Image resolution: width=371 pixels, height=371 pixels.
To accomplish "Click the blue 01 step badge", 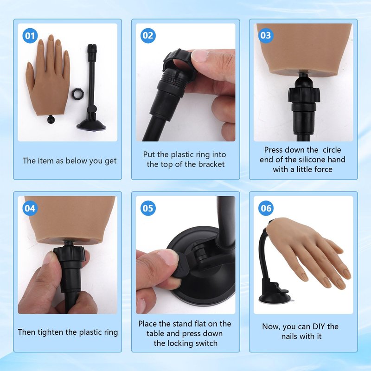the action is (30, 36).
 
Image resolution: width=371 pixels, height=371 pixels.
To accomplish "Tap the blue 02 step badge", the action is (148, 36).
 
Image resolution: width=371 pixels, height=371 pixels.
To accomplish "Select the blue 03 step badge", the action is (266, 36).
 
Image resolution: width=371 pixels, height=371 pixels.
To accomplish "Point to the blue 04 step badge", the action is (30, 208).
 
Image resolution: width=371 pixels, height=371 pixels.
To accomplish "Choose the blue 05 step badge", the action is (148, 208).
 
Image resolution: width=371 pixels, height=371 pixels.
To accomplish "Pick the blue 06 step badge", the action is (266, 208).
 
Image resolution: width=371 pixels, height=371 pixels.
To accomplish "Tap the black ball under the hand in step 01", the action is (51, 119).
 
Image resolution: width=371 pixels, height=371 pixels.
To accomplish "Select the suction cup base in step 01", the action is (91, 124).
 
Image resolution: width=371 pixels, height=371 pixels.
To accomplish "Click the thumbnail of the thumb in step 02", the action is (199, 56).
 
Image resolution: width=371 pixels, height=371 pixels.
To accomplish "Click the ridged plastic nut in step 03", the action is (304, 94).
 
